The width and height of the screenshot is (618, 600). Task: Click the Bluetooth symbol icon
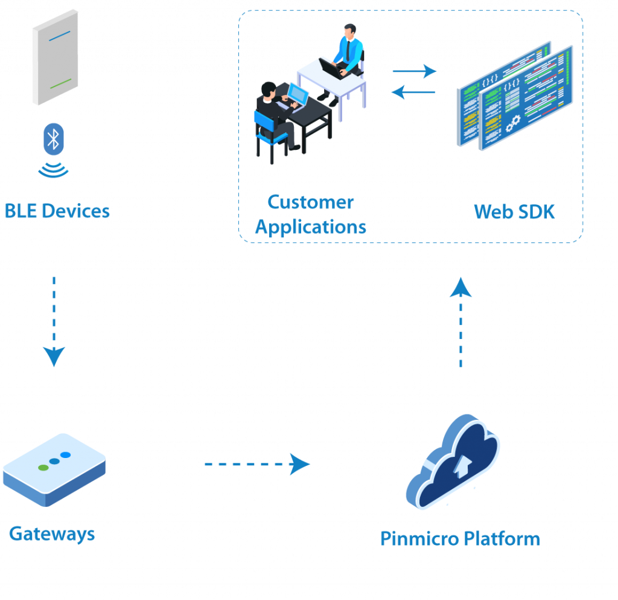[x=54, y=140]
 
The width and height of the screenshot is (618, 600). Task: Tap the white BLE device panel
[x=55, y=57]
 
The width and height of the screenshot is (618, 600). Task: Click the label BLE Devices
[x=57, y=211]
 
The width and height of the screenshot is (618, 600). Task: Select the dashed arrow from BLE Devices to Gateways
[x=54, y=320]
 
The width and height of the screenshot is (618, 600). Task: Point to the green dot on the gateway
[x=43, y=467]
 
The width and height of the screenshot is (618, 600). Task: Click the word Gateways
[x=52, y=534]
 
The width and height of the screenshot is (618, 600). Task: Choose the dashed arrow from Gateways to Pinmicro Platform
[x=257, y=464]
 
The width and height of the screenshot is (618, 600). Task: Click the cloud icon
[x=453, y=462]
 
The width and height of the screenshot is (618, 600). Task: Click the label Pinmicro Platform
[x=459, y=538]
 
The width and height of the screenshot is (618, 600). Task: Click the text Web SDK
[x=514, y=211]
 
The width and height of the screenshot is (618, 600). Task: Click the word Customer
[x=310, y=202]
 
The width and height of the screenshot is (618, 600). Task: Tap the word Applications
[x=310, y=227]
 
